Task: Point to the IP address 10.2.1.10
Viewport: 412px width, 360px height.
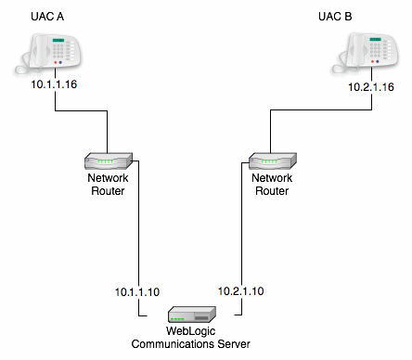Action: tap(240, 291)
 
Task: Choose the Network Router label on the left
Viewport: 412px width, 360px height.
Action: tap(107, 185)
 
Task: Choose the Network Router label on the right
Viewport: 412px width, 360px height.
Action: tap(271, 185)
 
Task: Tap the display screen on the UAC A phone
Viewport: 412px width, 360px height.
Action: tap(61, 42)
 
